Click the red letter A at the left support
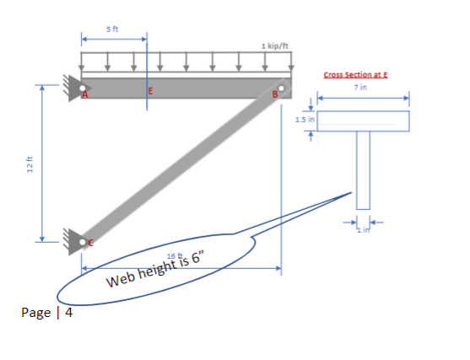(x=85, y=95)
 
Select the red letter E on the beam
(x=150, y=91)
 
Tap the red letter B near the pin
(x=275, y=94)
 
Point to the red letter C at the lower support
(x=90, y=243)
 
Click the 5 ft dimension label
(x=112, y=29)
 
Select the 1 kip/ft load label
(x=274, y=46)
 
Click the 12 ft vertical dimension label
(x=30, y=164)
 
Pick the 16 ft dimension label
(x=175, y=256)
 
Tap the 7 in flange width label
(x=360, y=87)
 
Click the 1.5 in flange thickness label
(x=305, y=120)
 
